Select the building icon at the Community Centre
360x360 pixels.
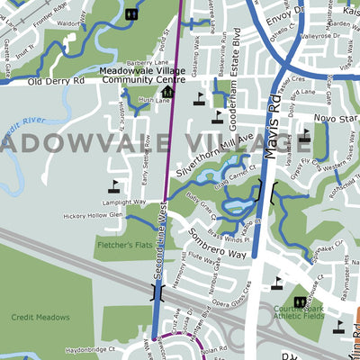tap(166, 91)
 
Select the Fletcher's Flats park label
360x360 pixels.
tap(123, 244)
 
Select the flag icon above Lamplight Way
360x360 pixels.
tap(113, 186)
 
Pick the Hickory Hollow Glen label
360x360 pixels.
tap(93, 216)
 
